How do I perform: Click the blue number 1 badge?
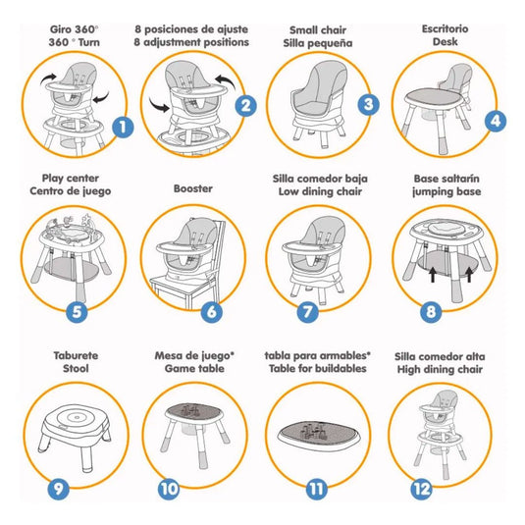coord(123,127)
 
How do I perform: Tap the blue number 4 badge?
coord(496,121)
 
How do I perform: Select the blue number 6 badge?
coord(212,312)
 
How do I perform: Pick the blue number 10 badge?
coord(169,489)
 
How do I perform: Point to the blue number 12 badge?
coord(422,489)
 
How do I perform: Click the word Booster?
coord(193,188)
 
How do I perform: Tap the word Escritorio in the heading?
coord(445,28)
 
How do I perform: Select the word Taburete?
coord(76,355)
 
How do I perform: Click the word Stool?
coord(76,368)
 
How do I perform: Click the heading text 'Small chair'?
coord(318,30)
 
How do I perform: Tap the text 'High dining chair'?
coord(440,369)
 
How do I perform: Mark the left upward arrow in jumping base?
coord(433,274)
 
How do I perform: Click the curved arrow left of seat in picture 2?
coord(159,104)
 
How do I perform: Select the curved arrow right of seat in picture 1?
coord(101,97)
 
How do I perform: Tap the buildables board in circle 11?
coord(318,435)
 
